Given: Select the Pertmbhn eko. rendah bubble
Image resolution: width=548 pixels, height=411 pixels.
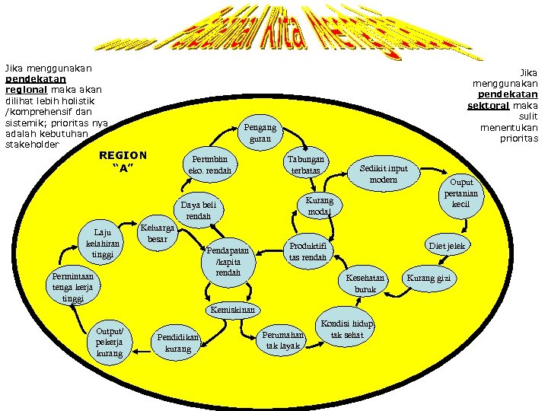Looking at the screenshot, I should (210, 165).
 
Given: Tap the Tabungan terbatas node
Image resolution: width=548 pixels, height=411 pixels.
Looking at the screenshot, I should (305, 165).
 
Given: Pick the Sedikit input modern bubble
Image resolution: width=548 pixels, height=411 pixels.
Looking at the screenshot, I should (388, 174).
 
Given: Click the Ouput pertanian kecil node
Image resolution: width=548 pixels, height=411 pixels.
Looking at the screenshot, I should (461, 193).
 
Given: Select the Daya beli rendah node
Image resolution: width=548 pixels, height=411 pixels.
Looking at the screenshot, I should (197, 210).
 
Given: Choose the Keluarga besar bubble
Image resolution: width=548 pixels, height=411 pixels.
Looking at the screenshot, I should (158, 234).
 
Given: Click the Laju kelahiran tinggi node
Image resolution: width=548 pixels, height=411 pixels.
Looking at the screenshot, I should (103, 243).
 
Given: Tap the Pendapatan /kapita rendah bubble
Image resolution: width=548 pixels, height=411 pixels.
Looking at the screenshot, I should (228, 261).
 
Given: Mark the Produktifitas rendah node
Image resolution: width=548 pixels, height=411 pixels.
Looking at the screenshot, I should (308, 251).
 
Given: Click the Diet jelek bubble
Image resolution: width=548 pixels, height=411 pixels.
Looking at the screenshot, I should (447, 245).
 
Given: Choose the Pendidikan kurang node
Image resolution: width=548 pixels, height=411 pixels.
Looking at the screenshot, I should (178, 342).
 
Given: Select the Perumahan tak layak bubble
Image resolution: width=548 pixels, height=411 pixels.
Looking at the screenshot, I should (283, 340).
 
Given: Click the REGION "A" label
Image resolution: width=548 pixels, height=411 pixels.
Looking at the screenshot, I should (123, 161).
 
